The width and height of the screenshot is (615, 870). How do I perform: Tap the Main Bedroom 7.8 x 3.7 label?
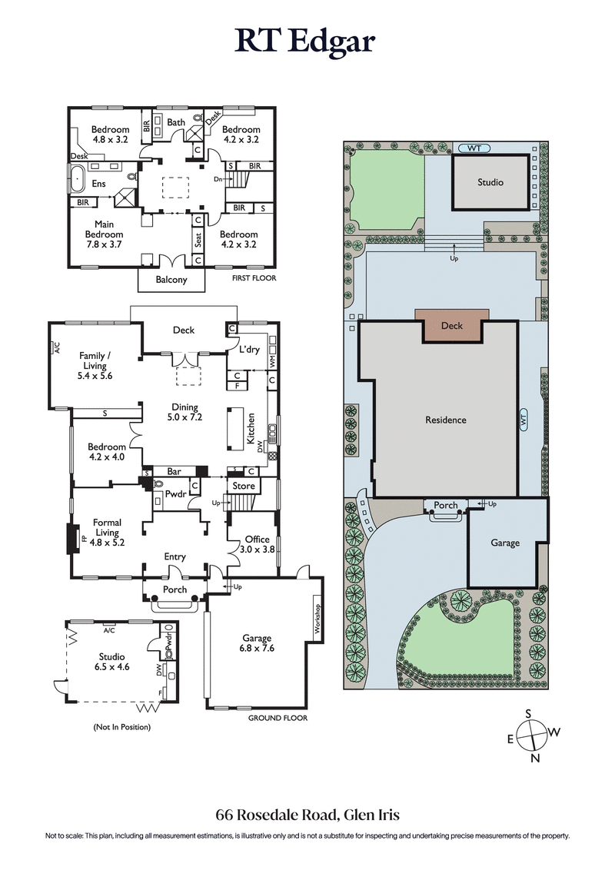pos(104,234)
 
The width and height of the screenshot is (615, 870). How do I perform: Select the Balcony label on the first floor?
pos(171,280)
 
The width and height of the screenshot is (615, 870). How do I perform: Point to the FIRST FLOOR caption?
pos(253,278)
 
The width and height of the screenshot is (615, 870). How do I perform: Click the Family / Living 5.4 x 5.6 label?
pos(95,366)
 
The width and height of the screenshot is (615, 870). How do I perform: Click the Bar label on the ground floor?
pos(174,471)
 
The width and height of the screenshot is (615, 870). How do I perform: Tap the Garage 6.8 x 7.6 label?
pos(257,643)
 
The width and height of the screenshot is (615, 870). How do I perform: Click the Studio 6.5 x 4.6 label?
pos(113,662)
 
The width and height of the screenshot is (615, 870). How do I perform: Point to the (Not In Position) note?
pos(122,726)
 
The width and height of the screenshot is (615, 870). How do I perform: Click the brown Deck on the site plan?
pos(452,325)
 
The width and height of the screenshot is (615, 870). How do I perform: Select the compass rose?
pos(530,734)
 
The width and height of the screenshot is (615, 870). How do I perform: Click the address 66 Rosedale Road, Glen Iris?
pos(307,815)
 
